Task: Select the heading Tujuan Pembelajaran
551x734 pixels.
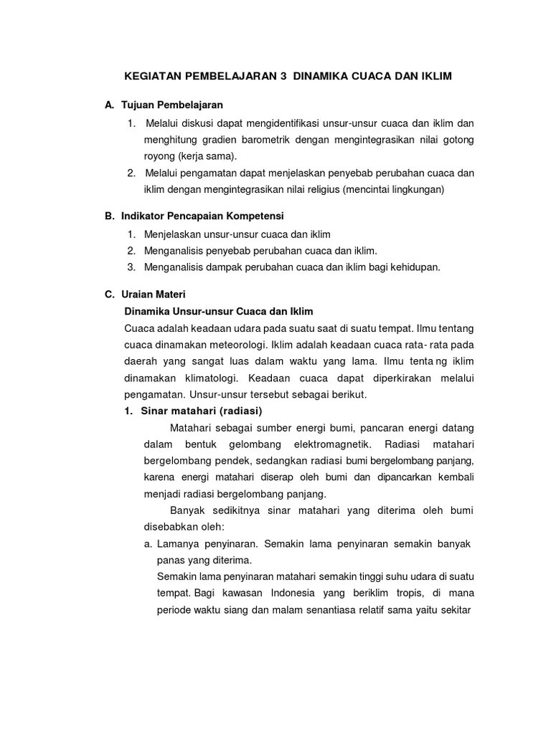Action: [x=172, y=105]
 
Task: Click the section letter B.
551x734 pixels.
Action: [x=108, y=216]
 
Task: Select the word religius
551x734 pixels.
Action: [x=319, y=190]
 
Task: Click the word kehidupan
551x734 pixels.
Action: [x=412, y=267]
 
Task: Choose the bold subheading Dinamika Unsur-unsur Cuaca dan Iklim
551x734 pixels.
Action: [x=219, y=312]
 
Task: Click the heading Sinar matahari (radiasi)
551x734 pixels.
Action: [x=202, y=411]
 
